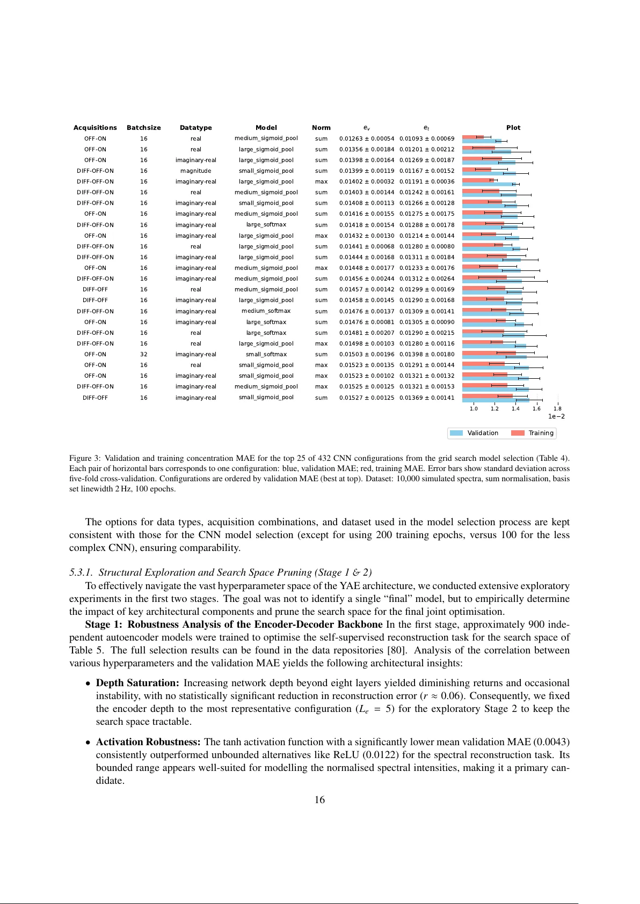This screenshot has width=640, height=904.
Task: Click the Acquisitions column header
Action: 95,128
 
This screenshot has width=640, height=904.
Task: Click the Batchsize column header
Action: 144,128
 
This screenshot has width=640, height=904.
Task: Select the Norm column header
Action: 321,128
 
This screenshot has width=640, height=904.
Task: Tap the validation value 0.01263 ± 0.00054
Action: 367,138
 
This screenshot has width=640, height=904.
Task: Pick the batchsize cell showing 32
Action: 144,354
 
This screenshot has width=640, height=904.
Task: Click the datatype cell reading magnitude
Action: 195,171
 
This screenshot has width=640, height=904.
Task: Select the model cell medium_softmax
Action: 266,311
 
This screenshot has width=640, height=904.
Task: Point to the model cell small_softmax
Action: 266,354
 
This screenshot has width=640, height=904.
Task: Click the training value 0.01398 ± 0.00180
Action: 427,354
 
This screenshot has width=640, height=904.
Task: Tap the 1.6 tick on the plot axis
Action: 536,409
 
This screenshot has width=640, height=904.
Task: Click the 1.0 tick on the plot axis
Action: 474,409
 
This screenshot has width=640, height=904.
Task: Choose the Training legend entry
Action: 533,433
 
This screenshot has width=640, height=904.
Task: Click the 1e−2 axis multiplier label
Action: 556,416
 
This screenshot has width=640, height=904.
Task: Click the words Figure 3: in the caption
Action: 84,458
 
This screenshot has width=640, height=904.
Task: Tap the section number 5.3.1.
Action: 81,572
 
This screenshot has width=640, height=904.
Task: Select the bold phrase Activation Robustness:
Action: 148,742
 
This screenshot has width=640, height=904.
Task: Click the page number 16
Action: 319,800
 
